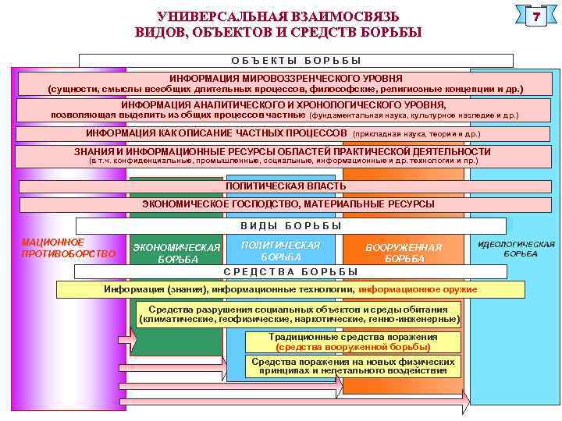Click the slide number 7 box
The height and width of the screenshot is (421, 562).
[x=536, y=17]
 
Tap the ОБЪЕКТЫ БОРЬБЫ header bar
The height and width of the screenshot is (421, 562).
[x=297, y=60]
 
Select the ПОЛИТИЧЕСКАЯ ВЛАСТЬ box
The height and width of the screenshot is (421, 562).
[x=286, y=187]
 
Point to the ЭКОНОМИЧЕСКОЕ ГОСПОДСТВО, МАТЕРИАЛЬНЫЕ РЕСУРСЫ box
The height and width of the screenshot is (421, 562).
[x=288, y=204]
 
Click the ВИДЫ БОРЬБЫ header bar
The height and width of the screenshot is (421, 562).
[x=290, y=226]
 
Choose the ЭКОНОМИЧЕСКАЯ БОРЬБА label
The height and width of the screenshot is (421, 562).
[x=178, y=253]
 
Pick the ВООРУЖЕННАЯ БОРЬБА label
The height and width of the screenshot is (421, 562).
[x=404, y=253]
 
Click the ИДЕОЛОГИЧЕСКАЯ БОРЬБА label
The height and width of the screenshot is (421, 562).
[x=516, y=249]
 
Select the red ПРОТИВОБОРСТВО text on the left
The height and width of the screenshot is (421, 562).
[x=68, y=253]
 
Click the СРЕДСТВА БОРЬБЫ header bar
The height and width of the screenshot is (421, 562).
[x=290, y=272]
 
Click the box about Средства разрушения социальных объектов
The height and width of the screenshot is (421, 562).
[x=299, y=314]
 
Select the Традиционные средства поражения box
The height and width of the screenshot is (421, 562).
[x=353, y=342]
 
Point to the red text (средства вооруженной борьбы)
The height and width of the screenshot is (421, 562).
[x=353, y=347]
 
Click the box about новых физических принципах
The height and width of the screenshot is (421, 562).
[x=353, y=366]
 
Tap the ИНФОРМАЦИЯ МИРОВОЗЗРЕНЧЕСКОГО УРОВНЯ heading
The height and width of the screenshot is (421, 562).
[x=286, y=79]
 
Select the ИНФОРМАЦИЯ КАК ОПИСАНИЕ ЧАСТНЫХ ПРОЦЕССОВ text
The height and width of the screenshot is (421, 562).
[x=216, y=133]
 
